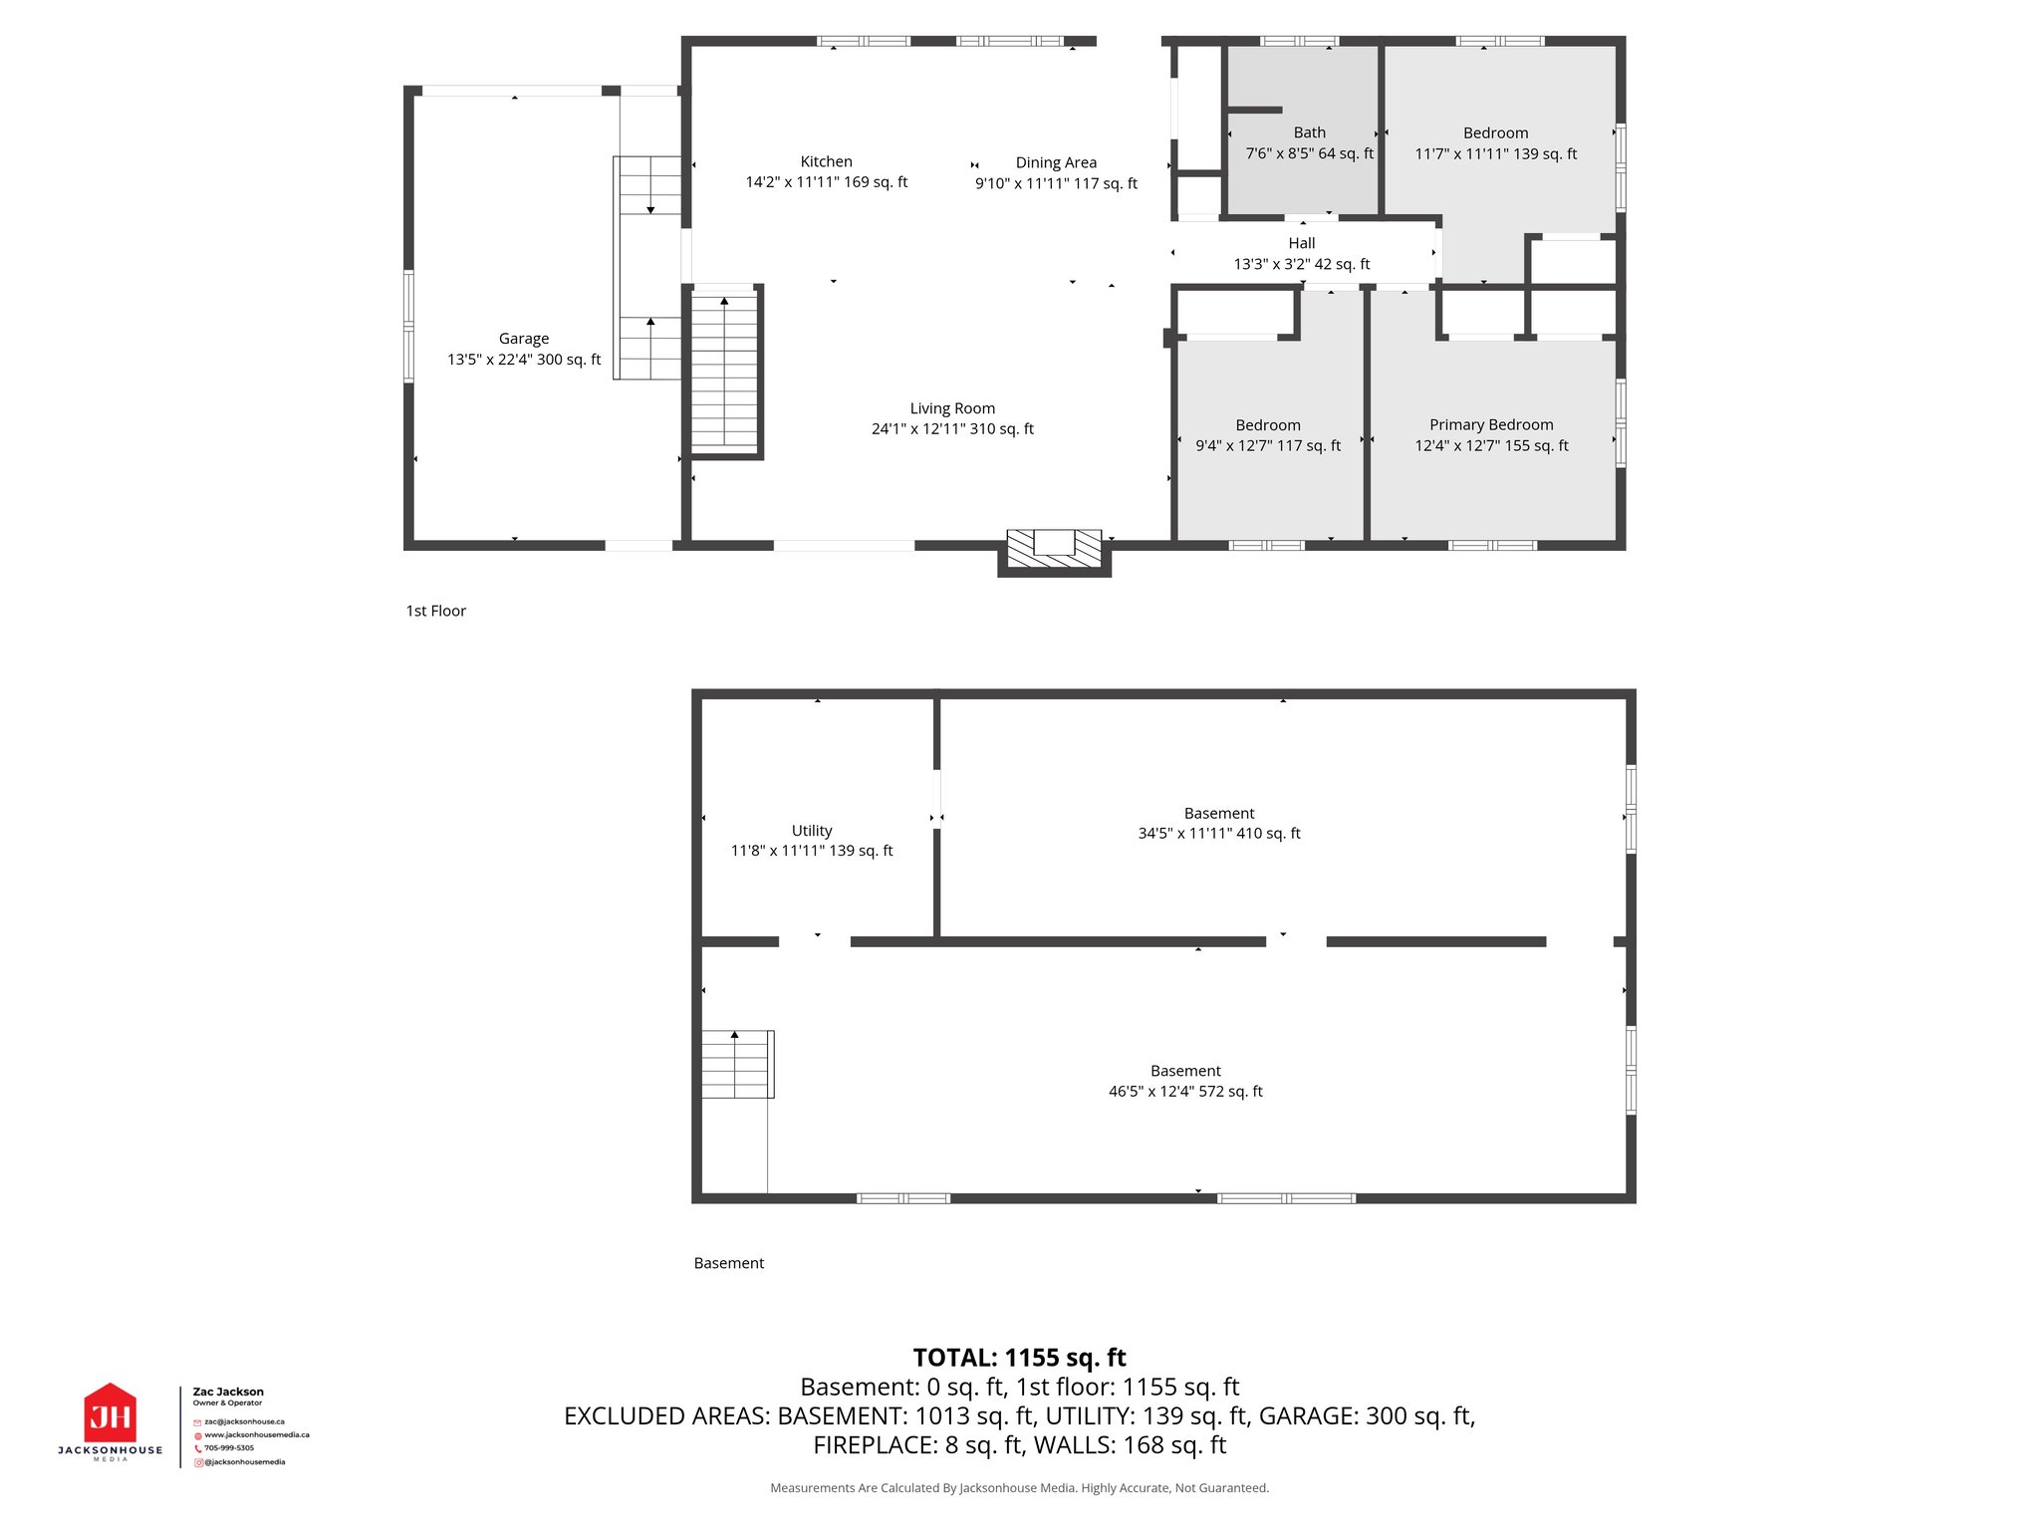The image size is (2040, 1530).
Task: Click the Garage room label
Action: (x=524, y=339)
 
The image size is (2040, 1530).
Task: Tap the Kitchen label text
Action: (x=826, y=161)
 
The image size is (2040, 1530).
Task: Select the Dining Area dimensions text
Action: (x=1056, y=183)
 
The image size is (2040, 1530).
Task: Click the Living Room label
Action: (x=952, y=408)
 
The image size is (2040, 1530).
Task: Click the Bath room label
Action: (x=1309, y=132)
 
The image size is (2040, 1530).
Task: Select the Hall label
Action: (x=1301, y=243)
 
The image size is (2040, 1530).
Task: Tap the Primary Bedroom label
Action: (x=1491, y=424)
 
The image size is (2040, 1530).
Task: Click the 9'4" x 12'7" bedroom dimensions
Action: (x=1268, y=446)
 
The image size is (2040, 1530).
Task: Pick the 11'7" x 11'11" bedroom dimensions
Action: (x=1495, y=154)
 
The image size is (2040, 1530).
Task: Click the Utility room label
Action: (x=812, y=831)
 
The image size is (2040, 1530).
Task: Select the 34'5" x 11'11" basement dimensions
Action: (x=1219, y=834)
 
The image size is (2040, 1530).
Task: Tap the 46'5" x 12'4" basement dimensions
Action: (x=1185, y=1092)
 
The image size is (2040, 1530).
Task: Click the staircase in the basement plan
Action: (x=736, y=1065)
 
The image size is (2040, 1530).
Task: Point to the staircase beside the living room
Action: (x=724, y=371)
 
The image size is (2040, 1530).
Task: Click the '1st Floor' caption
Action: (x=435, y=611)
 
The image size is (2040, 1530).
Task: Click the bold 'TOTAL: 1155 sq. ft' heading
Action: (x=1019, y=1358)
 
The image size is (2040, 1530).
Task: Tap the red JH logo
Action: (x=110, y=1413)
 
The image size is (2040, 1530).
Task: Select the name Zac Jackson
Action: (x=228, y=1392)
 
